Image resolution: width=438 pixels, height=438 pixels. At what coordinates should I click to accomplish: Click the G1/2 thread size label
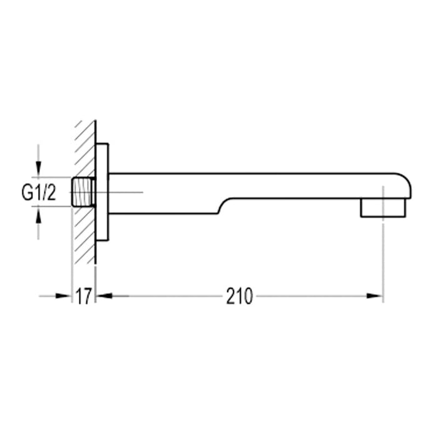point(39,193)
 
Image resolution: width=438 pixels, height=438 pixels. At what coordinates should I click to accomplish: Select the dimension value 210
point(240,296)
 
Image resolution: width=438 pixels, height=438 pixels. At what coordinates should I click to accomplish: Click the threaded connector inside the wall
point(84,192)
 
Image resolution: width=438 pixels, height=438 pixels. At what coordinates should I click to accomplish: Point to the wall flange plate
point(102,192)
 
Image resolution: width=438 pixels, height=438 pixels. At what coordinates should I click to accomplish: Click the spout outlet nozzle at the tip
point(382,208)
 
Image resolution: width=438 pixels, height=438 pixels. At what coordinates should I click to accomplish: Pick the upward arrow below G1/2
point(39,215)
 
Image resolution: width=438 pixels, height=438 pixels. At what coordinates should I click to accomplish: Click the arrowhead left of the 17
point(64,296)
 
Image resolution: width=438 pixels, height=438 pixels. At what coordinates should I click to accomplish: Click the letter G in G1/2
point(27,193)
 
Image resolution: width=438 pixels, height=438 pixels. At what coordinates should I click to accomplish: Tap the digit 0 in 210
point(248,296)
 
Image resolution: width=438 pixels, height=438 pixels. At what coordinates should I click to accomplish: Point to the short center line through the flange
point(125,192)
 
